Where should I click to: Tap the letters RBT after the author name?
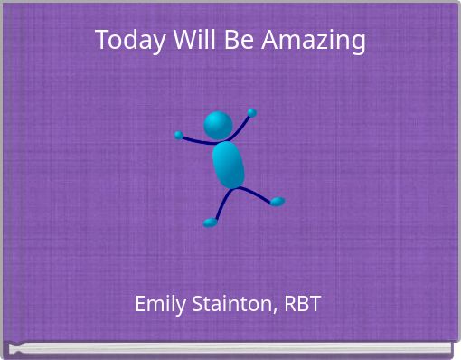[x=302, y=304]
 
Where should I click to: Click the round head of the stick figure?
[x=218, y=126]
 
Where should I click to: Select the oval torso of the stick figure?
[x=229, y=165]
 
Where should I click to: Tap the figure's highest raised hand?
[x=251, y=113]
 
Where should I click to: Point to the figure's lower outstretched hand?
[x=179, y=136]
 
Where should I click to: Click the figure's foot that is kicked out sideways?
[x=277, y=202]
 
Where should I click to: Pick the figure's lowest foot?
[x=210, y=223]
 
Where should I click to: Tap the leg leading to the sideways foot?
[x=258, y=194]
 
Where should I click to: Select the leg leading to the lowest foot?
[x=220, y=205]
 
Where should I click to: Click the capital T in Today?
[x=101, y=41]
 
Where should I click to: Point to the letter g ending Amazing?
[x=358, y=43]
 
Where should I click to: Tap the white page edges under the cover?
[x=230, y=347]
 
